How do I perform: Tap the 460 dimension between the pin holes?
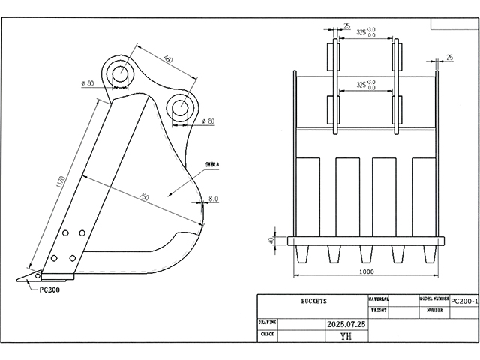click(167, 59)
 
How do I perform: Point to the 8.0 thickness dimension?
click(213, 199)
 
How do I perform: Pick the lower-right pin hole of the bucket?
click(180, 106)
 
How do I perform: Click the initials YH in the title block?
click(345, 337)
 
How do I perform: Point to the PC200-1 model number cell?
click(464, 300)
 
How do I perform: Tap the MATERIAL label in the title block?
click(378, 298)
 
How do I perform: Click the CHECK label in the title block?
click(267, 334)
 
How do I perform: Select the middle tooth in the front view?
click(365, 256)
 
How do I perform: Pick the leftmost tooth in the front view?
click(303, 256)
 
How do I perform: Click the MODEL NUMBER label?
click(433, 298)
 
